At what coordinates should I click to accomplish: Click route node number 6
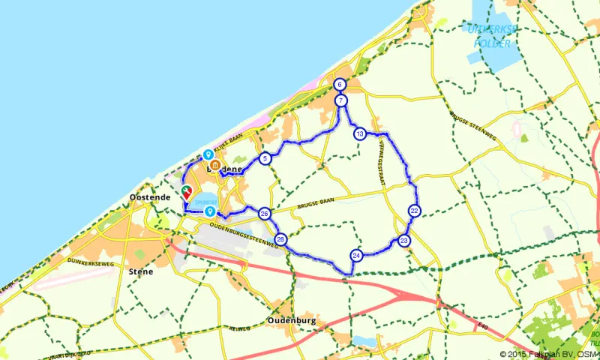[x=340, y=85]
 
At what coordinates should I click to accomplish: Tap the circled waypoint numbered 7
[x=340, y=100]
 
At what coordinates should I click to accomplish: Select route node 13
[x=360, y=133]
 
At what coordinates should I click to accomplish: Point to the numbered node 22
[x=414, y=211]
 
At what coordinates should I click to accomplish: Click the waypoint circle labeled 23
[x=404, y=241]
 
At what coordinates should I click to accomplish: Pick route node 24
[x=356, y=255]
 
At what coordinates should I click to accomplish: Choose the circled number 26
[x=264, y=214]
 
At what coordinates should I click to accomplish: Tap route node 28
[x=280, y=239]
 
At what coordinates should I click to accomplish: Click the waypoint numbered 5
[x=265, y=158]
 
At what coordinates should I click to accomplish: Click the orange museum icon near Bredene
[x=214, y=166]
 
